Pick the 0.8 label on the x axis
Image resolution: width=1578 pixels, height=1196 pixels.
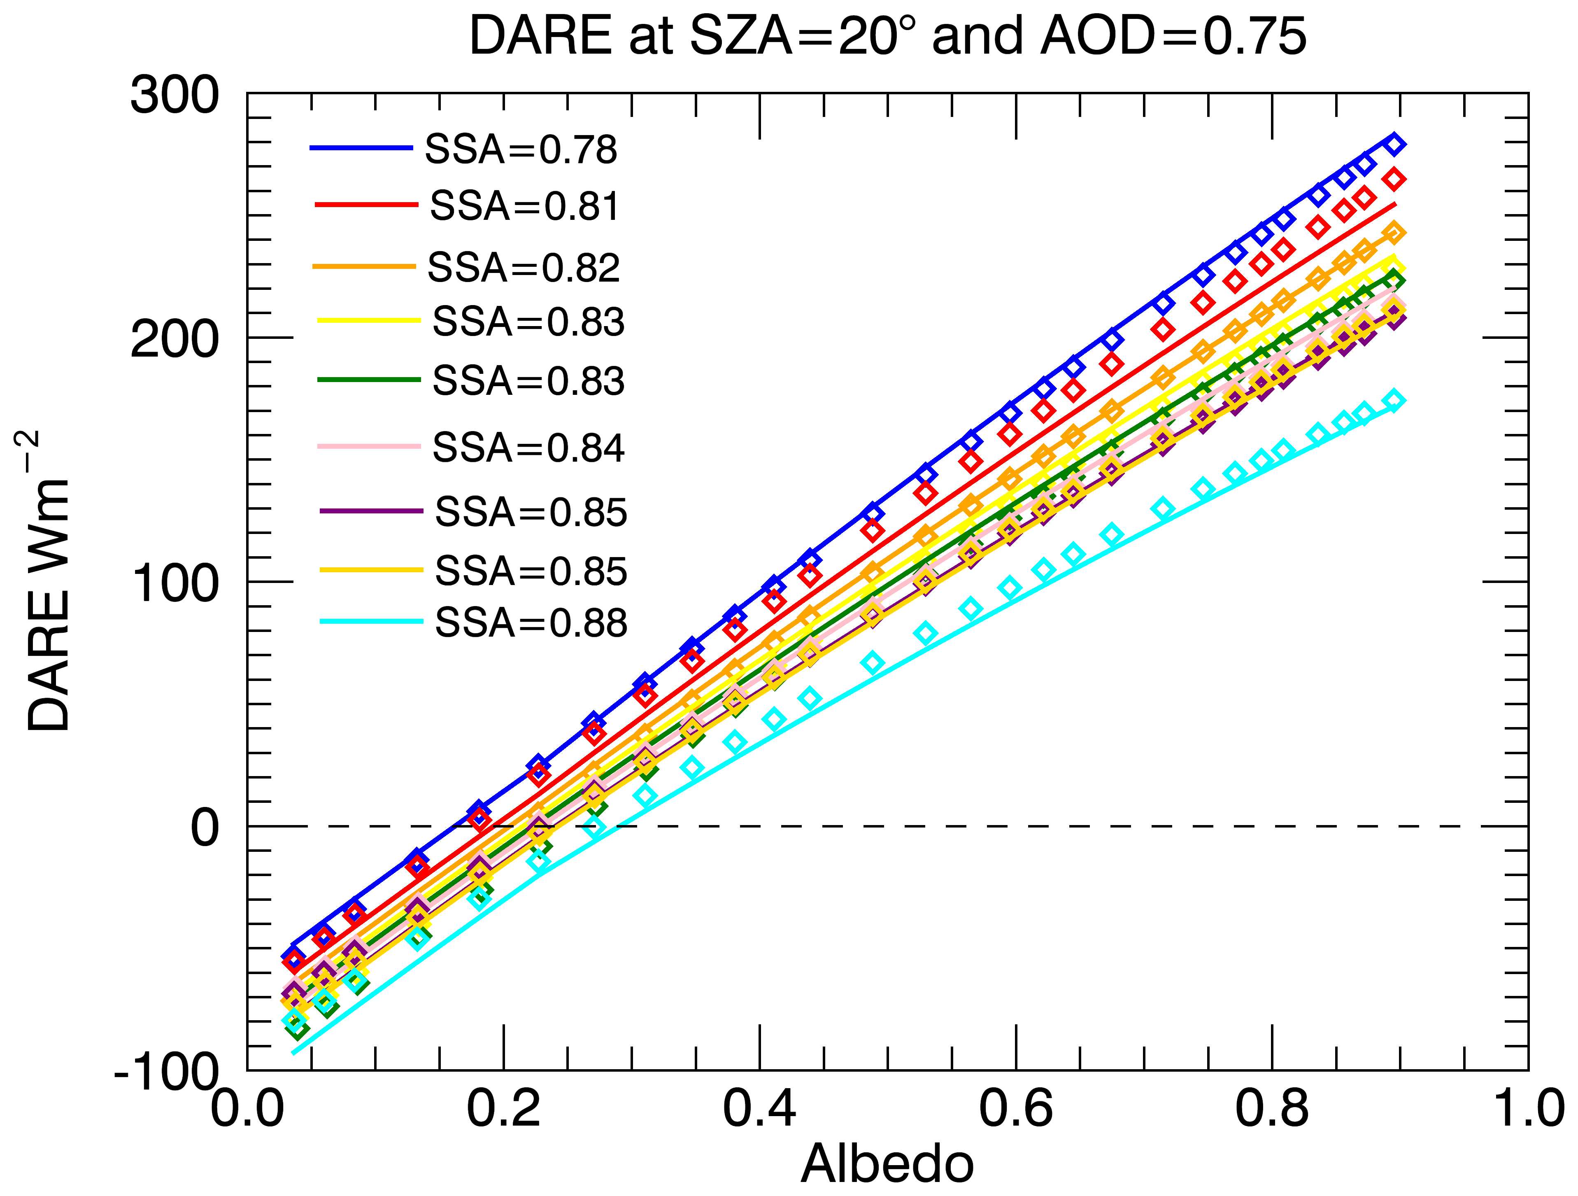click(x=1271, y=1110)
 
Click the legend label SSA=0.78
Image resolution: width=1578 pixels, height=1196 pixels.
click(x=521, y=150)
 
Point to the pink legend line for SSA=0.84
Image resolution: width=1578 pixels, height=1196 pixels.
click(x=369, y=446)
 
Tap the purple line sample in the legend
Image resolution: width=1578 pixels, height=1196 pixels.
click(x=371, y=511)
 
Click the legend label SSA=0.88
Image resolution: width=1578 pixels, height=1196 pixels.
click(x=531, y=623)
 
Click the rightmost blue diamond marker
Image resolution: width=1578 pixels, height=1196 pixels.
click(x=1395, y=144)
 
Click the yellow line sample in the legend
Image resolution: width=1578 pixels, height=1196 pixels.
click(x=369, y=320)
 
